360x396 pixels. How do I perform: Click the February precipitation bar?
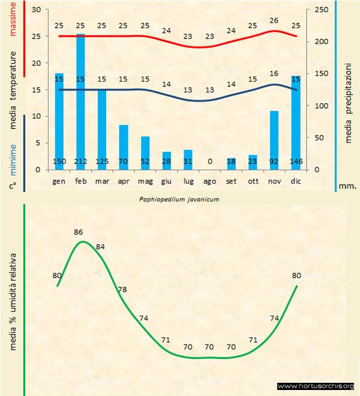pyautogui.click(x=80, y=102)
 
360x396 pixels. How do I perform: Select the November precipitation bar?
pyautogui.click(x=274, y=138)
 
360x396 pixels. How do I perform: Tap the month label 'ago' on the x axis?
pyautogui.click(x=209, y=181)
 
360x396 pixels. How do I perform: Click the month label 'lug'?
pyautogui.click(x=188, y=181)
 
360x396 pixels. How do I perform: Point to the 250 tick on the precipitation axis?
pyautogui.click(x=322, y=10)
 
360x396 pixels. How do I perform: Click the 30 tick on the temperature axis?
pyautogui.click(x=36, y=10)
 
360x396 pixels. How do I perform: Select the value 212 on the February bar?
pyautogui.click(x=80, y=161)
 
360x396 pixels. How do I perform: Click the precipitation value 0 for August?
pyautogui.click(x=209, y=161)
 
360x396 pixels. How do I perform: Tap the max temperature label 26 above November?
pyautogui.click(x=274, y=20)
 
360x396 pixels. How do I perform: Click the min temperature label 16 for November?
pyautogui.click(x=274, y=74)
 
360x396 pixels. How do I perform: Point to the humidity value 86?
pyautogui.click(x=78, y=232)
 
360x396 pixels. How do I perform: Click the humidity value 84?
pyautogui.click(x=100, y=247)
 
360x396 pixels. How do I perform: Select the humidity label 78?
pyautogui.click(x=122, y=290)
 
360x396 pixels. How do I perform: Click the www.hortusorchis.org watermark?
pyautogui.click(x=316, y=386)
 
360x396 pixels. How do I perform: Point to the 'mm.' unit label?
pyautogui.click(x=348, y=186)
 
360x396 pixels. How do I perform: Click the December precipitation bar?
pyautogui.click(x=295, y=120)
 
